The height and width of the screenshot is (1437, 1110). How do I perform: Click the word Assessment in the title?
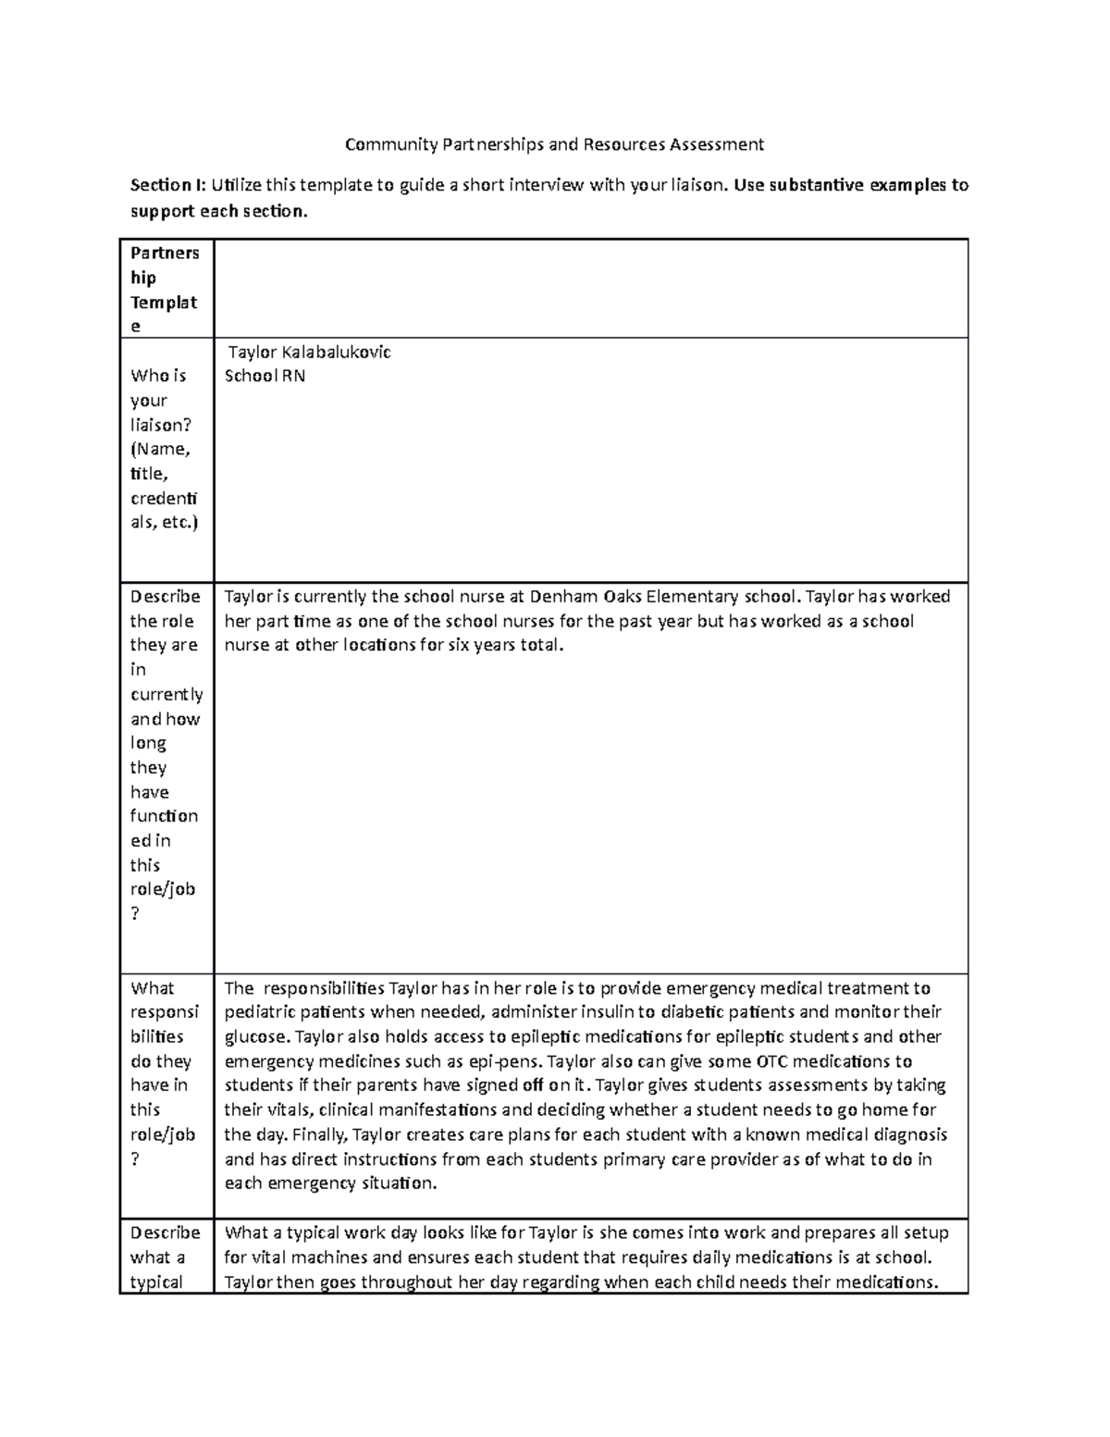click(x=718, y=144)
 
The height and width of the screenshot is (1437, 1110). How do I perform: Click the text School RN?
click(x=265, y=377)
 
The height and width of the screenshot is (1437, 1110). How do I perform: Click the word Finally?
click(x=316, y=1134)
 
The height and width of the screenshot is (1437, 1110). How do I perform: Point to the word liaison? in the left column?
click(x=161, y=426)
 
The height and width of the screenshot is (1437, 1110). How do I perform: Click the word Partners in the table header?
click(x=165, y=254)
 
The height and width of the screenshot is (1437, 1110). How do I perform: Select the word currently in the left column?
click(x=166, y=695)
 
